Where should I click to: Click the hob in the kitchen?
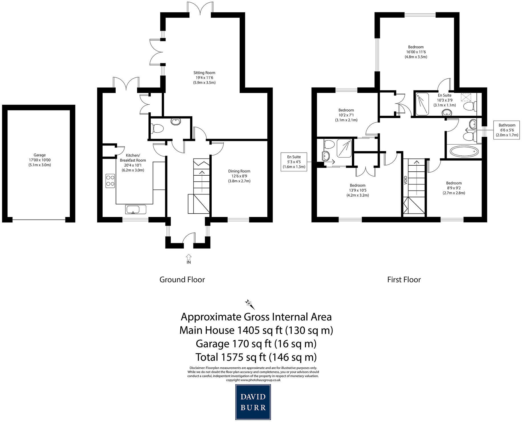coord(110,180)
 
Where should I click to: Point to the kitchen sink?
coord(136,210)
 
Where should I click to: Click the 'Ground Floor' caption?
coord(182,279)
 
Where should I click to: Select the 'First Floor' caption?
coord(404,279)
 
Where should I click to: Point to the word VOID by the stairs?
coord(406,181)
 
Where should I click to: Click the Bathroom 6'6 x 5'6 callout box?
coord(507,130)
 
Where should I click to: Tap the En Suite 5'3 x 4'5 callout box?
coord(294,162)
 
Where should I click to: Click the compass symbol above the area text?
coord(250,304)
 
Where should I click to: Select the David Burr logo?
coord(253,402)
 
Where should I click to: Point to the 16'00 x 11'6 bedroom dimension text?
coord(416,52)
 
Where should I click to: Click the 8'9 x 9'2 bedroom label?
coord(454,188)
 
